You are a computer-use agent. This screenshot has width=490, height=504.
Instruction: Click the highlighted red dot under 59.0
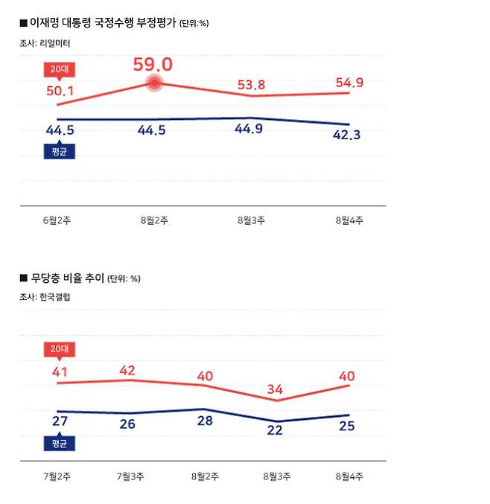point(154,84)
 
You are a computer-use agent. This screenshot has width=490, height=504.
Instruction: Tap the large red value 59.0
point(153,65)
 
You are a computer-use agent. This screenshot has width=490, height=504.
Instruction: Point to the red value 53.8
point(251,84)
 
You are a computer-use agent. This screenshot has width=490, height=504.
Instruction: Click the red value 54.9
point(349,83)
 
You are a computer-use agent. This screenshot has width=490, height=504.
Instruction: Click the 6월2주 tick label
point(57,221)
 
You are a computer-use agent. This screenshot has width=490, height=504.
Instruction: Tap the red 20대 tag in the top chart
point(58,69)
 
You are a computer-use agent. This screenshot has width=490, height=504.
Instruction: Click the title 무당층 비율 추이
point(67,278)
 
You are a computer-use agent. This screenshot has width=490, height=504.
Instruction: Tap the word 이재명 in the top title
point(44,23)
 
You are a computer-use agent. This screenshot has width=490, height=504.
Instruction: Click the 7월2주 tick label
point(57,476)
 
